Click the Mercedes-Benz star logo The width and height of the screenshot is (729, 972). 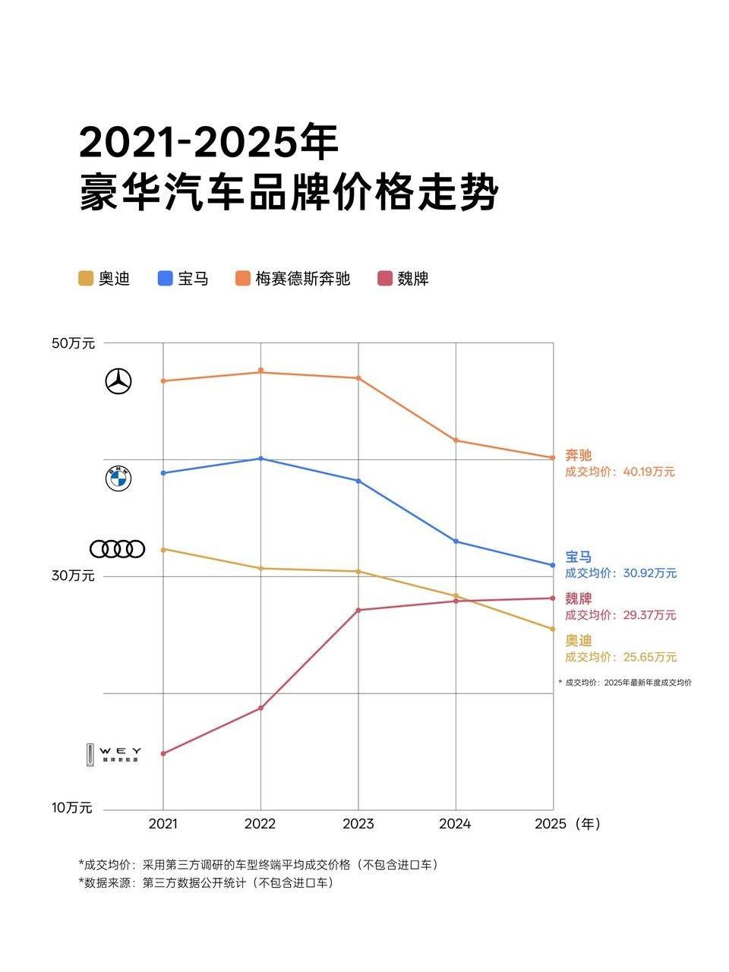pyautogui.click(x=118, y=381)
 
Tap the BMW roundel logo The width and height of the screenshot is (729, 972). pyautogui.click(x=118, y=478)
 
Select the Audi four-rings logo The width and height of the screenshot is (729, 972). pyautogui.click(x=117, y=548)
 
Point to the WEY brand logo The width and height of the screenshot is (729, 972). pyautogui.click(x=113, y=754)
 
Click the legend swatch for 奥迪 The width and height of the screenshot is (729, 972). pyautogui.click(x=86, y=279)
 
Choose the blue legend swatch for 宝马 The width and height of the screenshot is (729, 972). pyautogui.click(x=166, y=279)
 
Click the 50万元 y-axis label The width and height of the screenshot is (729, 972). pyautogui.click(x=74, y=343)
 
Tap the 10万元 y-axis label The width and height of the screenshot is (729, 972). pyautogui.click(x=72, y=808)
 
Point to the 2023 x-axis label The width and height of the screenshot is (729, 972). pyautogui.click(x=358, y=824)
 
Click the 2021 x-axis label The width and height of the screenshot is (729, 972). pyautogui.click(x=163, y=824)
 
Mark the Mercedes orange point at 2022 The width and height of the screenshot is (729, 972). pyautogui.click(x=260, y=371)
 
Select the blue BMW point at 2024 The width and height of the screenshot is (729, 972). pyautogui.click(x=456, y=541)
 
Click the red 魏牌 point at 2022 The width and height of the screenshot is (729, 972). pyautogui.click(x=260, y=708)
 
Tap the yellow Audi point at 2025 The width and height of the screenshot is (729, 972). pyautogui.click(x=553, y=629)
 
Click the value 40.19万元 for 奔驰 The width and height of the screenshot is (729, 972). pyautogui.click(x=649, y=472)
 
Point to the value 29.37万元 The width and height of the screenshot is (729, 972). pyautogui.click(x=649, y=615)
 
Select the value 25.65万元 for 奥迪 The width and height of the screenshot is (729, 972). pyautogui.click(x=649, y=657)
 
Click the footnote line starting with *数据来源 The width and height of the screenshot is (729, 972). pyautogui.click(x=206, y=883)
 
